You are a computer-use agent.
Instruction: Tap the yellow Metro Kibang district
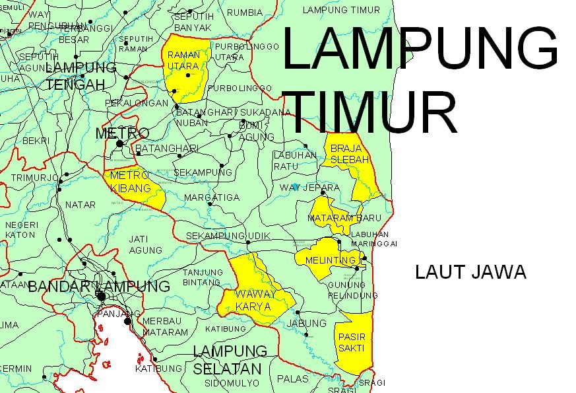[x=132, y=185]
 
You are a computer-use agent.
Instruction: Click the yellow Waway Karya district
[x=254, y=297]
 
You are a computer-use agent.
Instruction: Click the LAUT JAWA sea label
[x=470, y=272]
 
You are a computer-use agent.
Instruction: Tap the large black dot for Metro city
[x=120, y=143]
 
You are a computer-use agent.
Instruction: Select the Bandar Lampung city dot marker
[x=102, y=297]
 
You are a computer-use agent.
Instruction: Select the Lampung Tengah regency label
[x=80, y=76]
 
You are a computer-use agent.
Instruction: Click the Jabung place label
[x=307, y=323]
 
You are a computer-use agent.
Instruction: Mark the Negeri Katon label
[x=20, y=229]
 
